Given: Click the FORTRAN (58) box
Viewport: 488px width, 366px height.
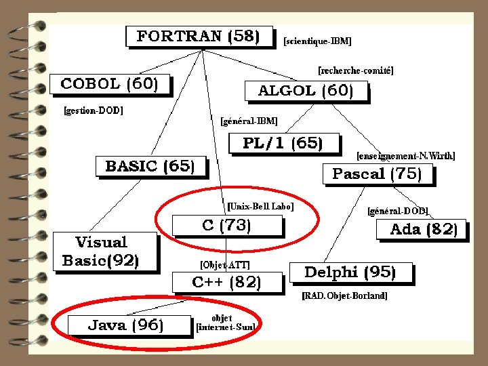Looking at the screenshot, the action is (199, 36).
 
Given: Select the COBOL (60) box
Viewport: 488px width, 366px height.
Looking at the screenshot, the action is (110, 84).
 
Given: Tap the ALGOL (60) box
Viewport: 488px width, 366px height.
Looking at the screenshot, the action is (306, 91).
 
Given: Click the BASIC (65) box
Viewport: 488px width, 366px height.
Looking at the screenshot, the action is (150, 166).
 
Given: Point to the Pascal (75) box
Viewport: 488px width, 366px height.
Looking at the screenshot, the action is (377, 174).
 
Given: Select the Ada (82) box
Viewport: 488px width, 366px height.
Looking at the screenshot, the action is (424, 229).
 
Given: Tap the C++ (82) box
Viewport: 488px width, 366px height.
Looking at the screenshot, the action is (226, 283).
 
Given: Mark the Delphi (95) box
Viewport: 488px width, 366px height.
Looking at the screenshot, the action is (350, 273).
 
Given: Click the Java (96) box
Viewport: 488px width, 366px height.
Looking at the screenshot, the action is (126, 325).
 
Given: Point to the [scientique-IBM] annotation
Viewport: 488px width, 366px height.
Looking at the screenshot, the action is (317, 41).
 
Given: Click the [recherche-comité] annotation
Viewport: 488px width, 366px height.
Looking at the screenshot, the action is (356, 70).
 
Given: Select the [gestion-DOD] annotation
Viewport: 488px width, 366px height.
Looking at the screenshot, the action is (94, 110).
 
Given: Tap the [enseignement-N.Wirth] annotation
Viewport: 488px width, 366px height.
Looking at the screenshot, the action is (406, 156).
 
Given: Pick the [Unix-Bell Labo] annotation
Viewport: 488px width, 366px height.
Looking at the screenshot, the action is (260, 206).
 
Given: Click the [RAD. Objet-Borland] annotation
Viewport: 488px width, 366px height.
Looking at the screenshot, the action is (344, 296).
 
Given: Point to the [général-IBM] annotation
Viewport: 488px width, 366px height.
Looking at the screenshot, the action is (249, 121).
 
